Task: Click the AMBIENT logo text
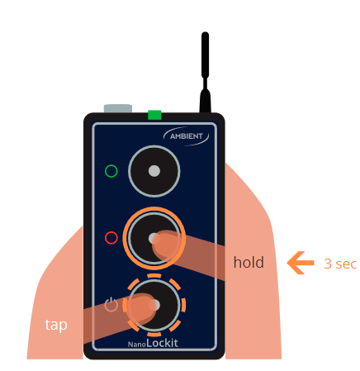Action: (x=187, y=136)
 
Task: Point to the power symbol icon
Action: (x=111, y=304)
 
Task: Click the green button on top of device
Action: (x=154, y=115)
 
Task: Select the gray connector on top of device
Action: (x=118, y=108)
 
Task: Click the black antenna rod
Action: (x=205, y=55)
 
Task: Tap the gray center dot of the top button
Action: (x=154, y=171)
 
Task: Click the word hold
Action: (x=249, y=262)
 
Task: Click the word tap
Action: (x=56, y=325)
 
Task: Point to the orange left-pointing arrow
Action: (x=301, y=263)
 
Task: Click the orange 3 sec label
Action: (x=340, y=264)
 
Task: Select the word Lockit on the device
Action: (x=162, y=343)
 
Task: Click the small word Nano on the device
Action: (x=137, y=345)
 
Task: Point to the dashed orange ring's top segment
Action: (x=154, y=276)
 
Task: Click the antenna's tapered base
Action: (x=205, y=101)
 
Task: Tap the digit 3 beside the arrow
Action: (x=328, y=264)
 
